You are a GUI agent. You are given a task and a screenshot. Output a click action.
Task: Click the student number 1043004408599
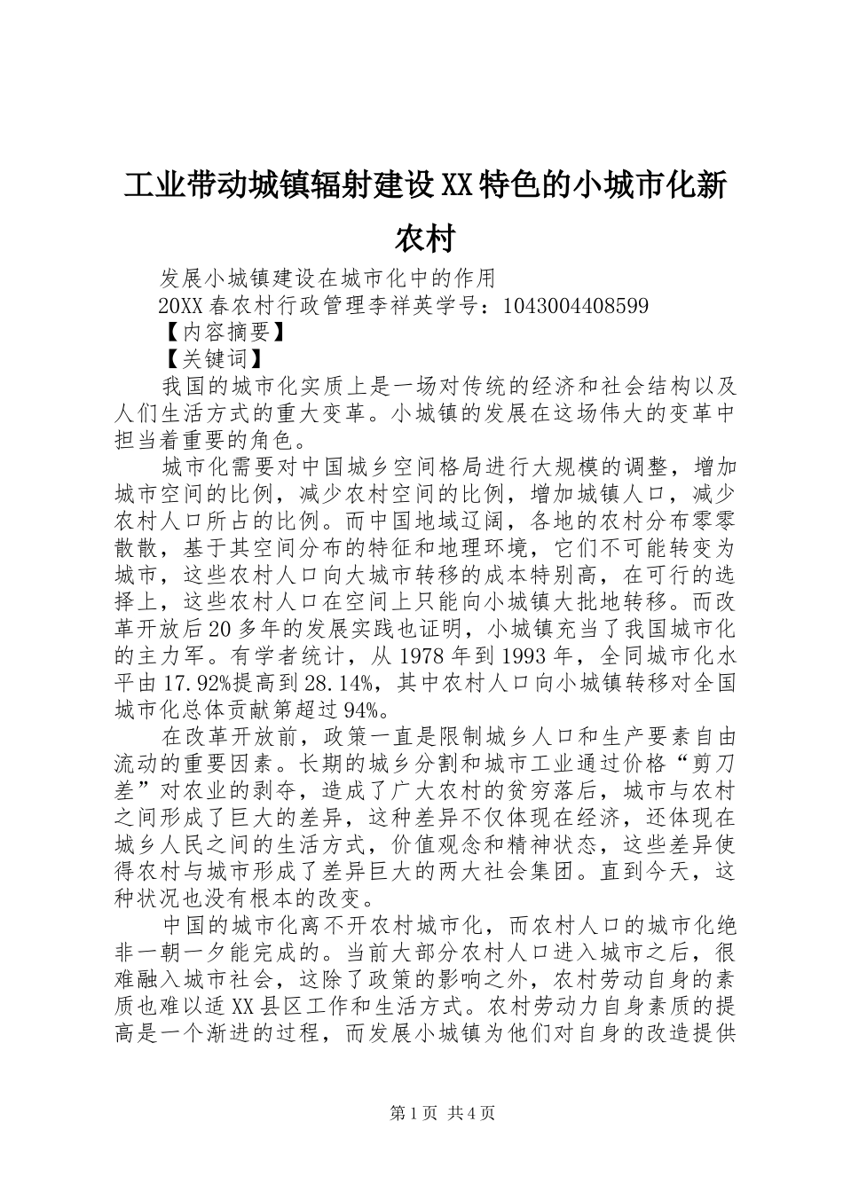575,306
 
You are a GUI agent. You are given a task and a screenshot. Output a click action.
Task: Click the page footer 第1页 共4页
444,1112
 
